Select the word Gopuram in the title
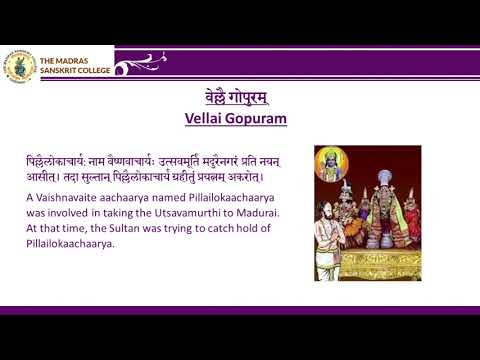pos(259,118)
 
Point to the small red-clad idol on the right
pos(411,220)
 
